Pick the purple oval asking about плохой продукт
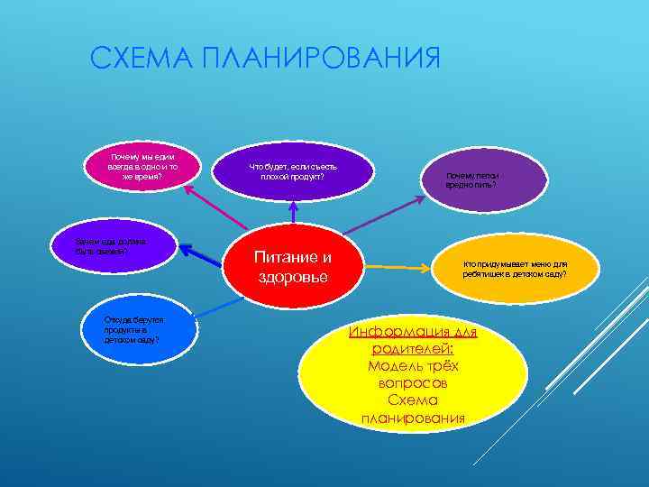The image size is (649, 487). [293, 170]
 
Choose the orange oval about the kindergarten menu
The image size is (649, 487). [515, 267]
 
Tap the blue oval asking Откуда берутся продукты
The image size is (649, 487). [135, 329]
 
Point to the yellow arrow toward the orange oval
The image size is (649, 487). [406, 267]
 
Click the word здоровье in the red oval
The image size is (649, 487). [293, 278]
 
